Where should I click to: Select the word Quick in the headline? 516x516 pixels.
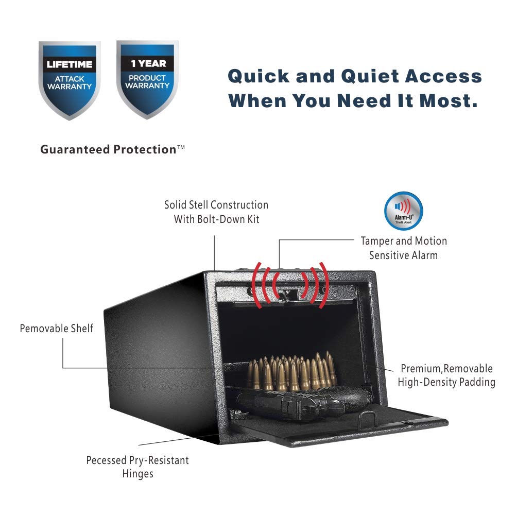[x=259, y=76]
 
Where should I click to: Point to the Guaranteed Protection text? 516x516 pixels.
[x=112, y=149]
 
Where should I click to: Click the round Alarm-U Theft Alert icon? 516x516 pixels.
[x=403, y=211]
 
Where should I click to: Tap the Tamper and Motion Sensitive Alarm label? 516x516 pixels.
[x=404, y=248]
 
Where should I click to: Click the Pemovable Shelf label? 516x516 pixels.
[x=57, y=329]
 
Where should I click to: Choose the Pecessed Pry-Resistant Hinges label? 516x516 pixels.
[x=137, y=467]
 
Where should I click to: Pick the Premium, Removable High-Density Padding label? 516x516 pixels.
[x=446, y=375]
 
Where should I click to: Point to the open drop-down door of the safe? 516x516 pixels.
[x=339, y=426]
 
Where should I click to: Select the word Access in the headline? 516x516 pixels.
[x=443, y=76]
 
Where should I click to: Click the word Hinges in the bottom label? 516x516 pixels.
[x=137, y=474]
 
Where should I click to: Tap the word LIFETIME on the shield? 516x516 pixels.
[x=70, y=64]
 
